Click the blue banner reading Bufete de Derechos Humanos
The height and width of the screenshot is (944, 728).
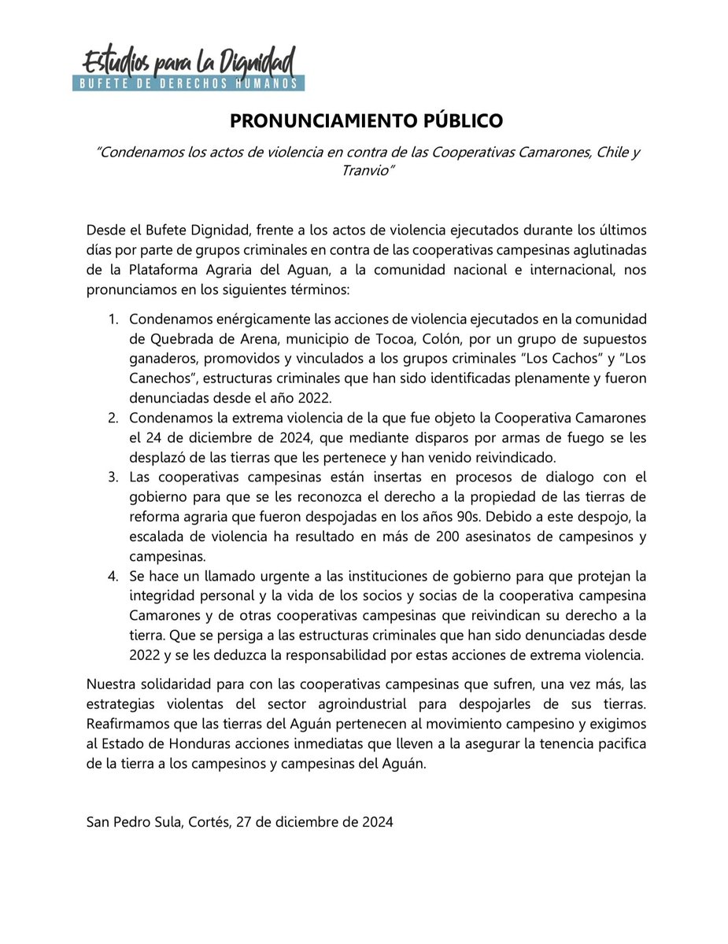click(x=188, y=83)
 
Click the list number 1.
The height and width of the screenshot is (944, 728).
click(x=113, y=321)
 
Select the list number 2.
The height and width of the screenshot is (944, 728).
click(x=113, y=417)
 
